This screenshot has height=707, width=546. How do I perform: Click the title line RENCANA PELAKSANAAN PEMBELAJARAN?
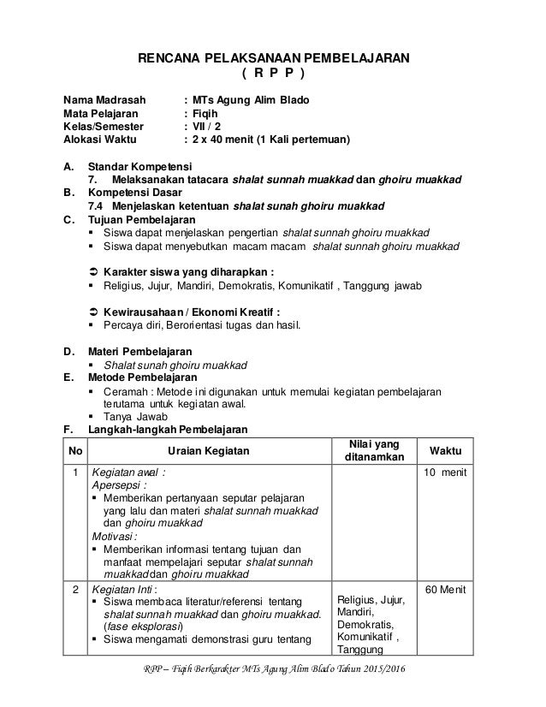tap(274, 58)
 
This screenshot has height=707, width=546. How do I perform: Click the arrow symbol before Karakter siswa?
tap(94, 272)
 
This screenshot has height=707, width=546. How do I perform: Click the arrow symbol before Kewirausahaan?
tap(94, 312)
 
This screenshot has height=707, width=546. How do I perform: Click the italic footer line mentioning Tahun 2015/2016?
tap(274, 690)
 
